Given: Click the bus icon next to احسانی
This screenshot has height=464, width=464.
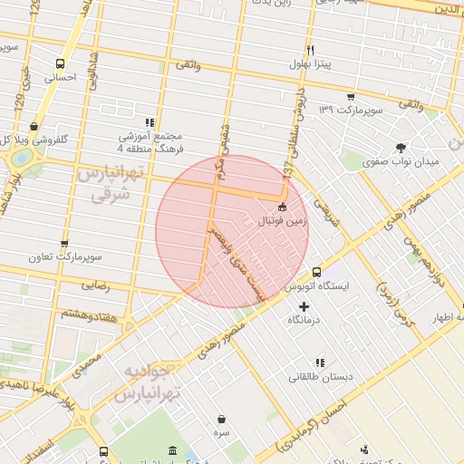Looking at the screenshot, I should pos(61,63).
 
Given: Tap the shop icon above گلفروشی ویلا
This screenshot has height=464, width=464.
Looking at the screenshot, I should pos(34,126).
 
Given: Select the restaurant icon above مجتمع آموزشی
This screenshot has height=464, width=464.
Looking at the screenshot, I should pos(150,121).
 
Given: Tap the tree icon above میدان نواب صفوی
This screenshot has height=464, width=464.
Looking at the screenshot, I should pos(401,147).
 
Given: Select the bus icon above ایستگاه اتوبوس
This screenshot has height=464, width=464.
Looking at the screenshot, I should pos(316,271).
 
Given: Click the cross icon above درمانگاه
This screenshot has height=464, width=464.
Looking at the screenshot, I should pos(304,307).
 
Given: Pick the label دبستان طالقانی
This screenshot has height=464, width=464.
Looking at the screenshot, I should pos(315,376).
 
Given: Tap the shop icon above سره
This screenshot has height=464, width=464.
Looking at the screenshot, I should pos(223,419).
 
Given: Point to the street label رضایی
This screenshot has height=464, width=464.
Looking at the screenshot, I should pos(95,284).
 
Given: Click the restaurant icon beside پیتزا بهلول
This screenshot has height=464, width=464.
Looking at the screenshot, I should pos(310,49).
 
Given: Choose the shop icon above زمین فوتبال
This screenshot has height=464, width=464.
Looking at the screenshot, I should pos(282,207).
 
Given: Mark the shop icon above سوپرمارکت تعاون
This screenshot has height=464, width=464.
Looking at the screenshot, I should pos(64,243).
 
